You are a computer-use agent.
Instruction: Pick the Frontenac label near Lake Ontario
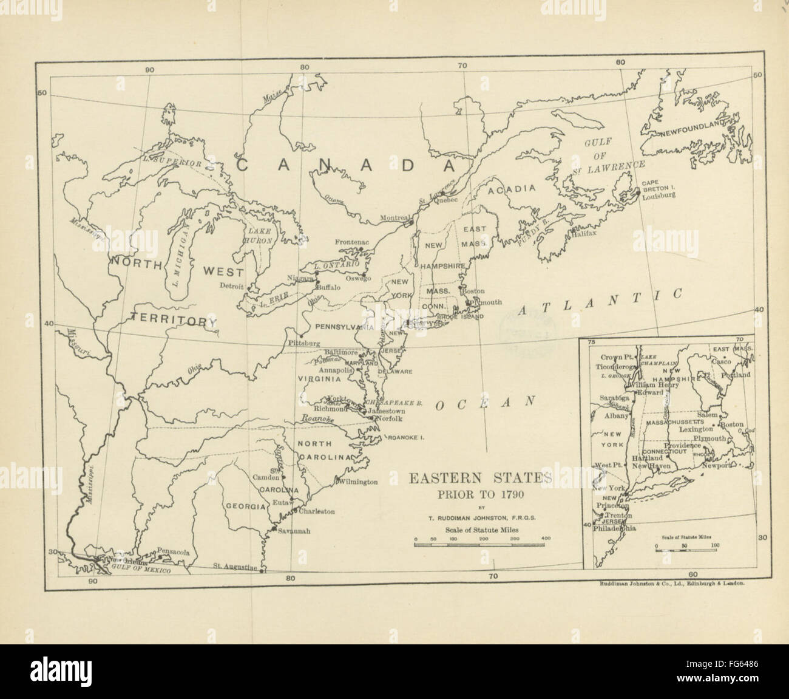351,242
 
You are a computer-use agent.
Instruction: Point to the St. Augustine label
235,567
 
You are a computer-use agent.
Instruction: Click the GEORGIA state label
244,506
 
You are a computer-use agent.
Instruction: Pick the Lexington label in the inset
696,429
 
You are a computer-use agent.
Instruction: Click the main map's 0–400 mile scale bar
481,544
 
